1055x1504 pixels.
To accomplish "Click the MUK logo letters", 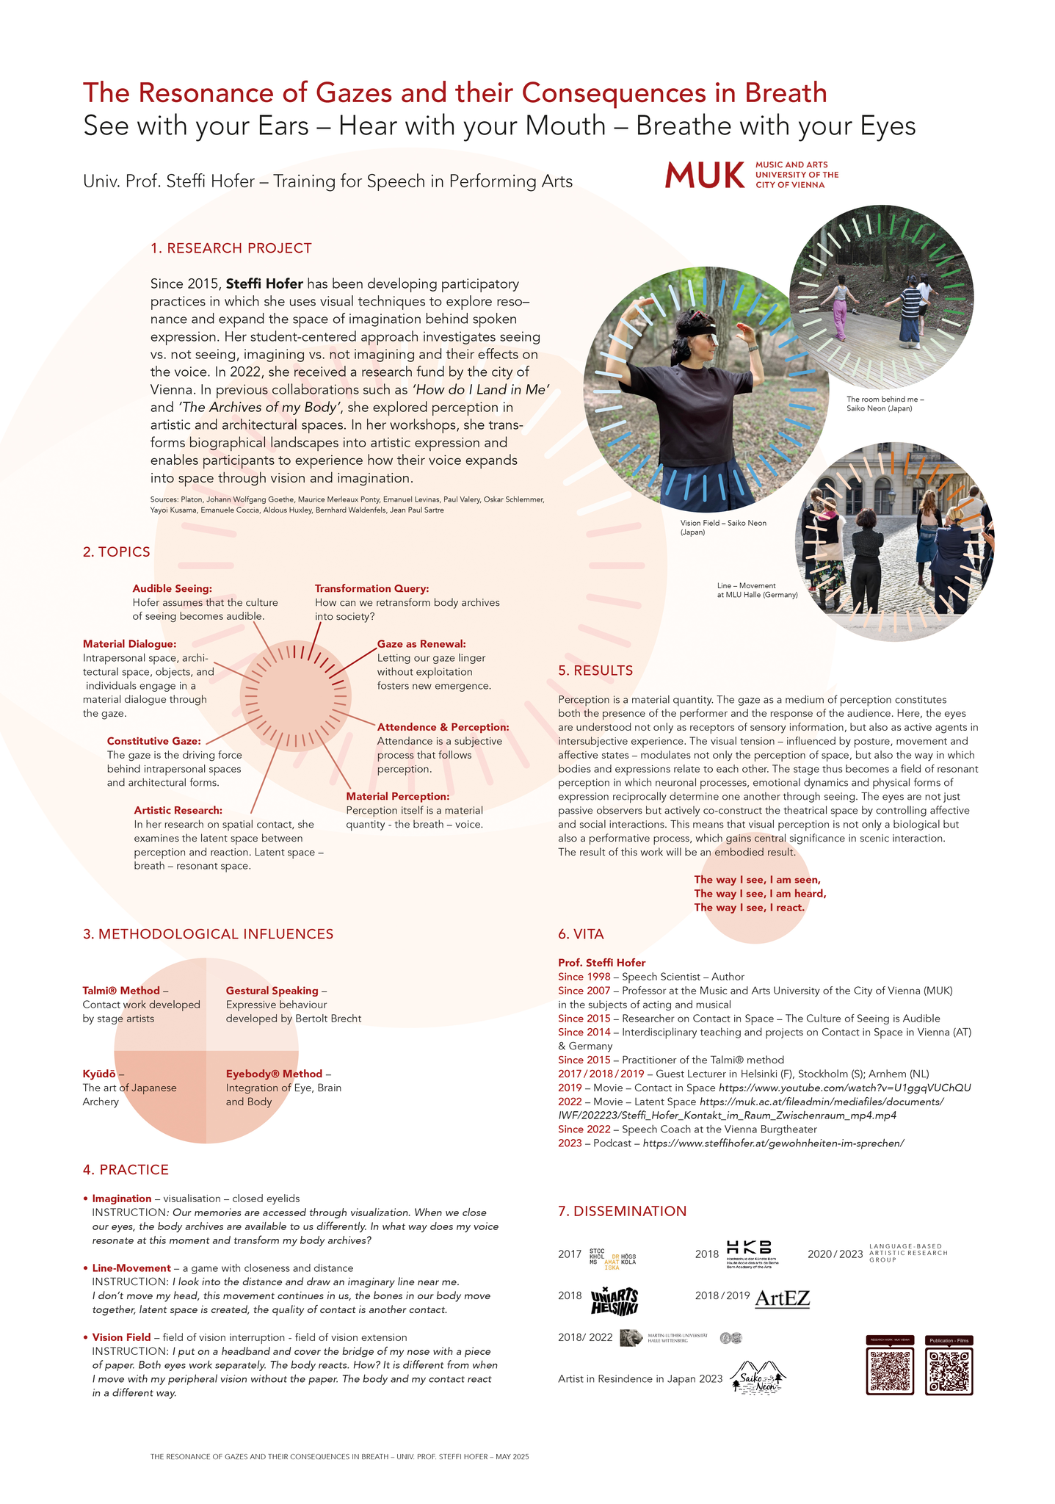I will tap(703, 175).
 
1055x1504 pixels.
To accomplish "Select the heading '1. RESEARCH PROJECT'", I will tap(231, 248).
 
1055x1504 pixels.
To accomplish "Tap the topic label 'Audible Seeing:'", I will tap(172, 588).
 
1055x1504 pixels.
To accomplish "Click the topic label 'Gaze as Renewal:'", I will tap(421, 644).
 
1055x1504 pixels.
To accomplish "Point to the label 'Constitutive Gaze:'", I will tap(153, 741).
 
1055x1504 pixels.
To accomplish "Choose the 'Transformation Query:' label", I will tap(371, 588).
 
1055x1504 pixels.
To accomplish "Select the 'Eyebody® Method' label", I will tap(274, 1074).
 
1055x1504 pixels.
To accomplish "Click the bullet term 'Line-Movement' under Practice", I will tap(131, 1268).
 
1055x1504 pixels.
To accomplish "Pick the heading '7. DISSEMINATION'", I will tap(622, 1211).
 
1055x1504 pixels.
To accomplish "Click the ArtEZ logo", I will tap(782, 1298).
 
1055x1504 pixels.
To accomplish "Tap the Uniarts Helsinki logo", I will tap(614, 1301).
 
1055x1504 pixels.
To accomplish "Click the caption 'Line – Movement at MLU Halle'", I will tap(757, 590).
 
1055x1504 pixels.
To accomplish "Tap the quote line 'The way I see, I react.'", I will tap(749, 908).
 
